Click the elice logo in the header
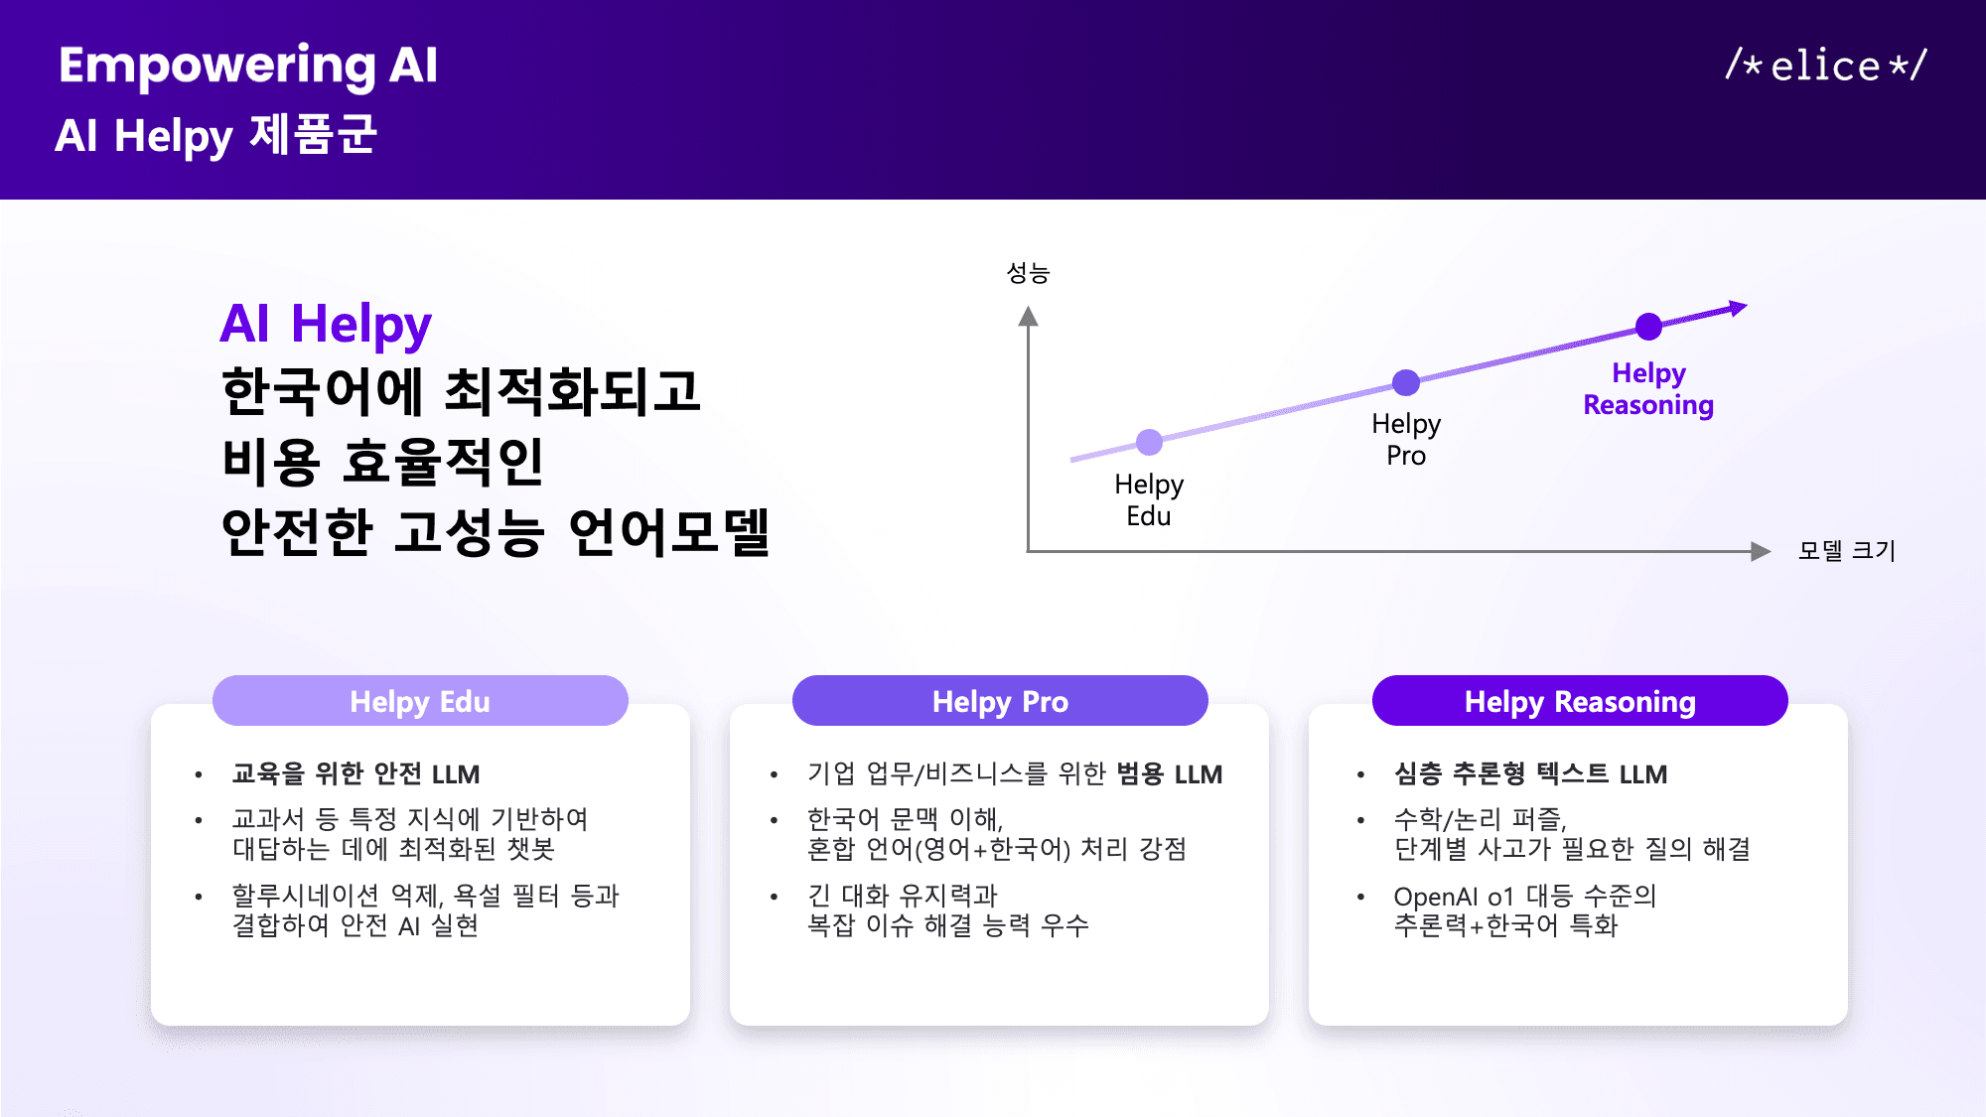click(1825, 66)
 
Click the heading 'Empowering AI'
click(247, 66)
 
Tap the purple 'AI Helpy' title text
click(326, 324)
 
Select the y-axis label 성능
click(1028, 273)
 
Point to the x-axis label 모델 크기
click(1846, 550)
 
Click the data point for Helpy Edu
click(1149, 442)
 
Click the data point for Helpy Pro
click(1405, 382)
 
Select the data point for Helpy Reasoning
click(1648, 326)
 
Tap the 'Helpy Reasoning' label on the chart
click(1648, 389)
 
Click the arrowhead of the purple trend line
click(1738, 308)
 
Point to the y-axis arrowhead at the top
click(1028, 317)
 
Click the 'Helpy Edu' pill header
click(420, 701)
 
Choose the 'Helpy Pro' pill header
click(1000, 701)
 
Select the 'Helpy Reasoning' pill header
click(1580, 701)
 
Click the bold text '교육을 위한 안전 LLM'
click(355, 773)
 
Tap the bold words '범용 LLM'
click(1169, 773)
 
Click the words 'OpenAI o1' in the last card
click(1453, 897)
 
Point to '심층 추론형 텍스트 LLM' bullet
click(1530, 773)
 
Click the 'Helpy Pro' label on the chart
click(1405, 439)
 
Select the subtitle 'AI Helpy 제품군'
click(215, 135)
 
